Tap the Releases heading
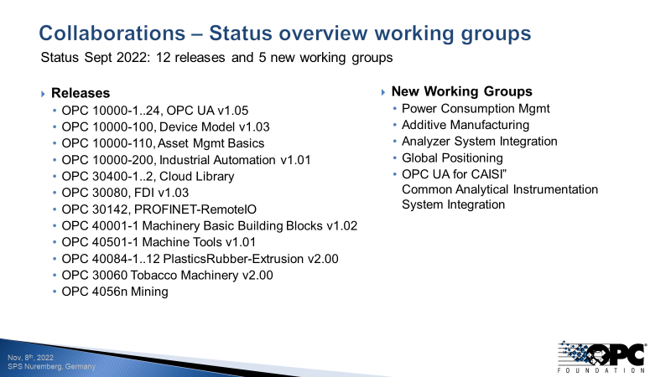tap(81, 93)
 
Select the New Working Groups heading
tap(461, 91)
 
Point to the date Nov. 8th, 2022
tap(30, 358)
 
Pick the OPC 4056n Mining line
tap(115, 292)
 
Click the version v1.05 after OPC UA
tap(231, 110)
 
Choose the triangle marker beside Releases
tap(44, 93)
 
